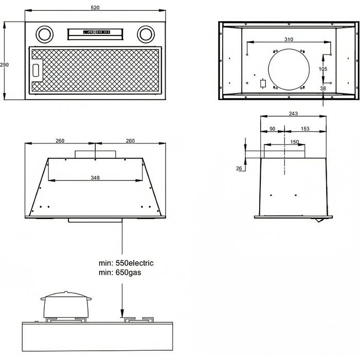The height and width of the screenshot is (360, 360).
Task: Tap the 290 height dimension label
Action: pyautogui.click(x=5, y=65)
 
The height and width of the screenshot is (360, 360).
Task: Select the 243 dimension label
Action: pyautogui.click(x=293, y=114)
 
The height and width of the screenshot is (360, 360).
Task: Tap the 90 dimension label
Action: pyautogui.click(x=272, y=129)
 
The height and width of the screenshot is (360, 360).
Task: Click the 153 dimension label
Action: pyautogui.click(x=305, y=129)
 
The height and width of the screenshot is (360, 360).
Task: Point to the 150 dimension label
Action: pyautogui.click(x=295, y=142)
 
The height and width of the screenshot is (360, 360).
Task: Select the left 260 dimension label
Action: pyautogui.click(x=60, y=141)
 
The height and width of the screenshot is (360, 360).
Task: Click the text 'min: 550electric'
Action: pyautogui.click(x=126, y=263)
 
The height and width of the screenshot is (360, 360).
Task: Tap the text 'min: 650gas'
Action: pyautogui.click(x=119, y=273)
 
